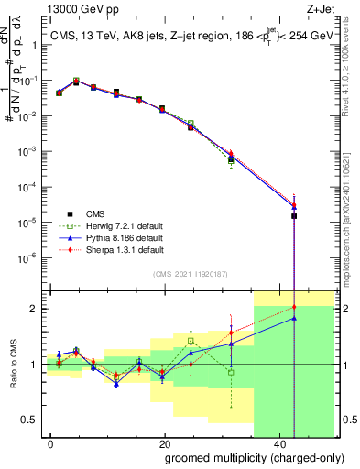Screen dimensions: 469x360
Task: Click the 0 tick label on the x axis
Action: click(50, 444)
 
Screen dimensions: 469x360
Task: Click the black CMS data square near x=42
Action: click(294, 216)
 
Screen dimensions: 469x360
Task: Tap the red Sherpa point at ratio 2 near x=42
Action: click(294, 307)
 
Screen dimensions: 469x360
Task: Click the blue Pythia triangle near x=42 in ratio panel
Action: click(294, 318)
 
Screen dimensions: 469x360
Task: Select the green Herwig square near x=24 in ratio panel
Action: click(191, 340)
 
